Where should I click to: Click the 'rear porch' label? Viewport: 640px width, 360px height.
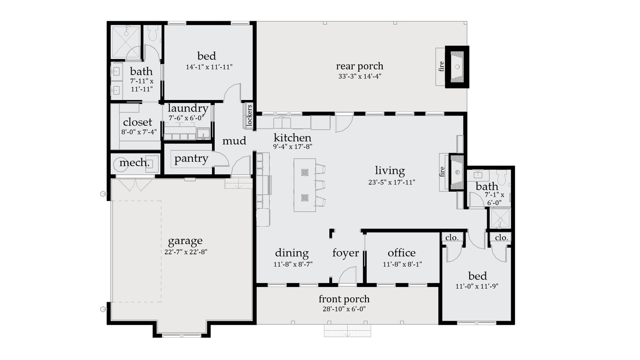(x=360, y=66)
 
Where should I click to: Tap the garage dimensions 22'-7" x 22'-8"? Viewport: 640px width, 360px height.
(x=186, y=252)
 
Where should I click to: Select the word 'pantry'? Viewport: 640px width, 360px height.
(x=191, y=159)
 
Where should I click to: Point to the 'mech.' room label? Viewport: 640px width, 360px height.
(x=134, y=163)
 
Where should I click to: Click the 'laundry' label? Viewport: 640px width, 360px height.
(x=188, y=108)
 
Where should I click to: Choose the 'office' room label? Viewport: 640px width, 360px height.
(x=401, y=253)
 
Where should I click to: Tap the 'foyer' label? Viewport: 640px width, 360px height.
(x=345, y=253)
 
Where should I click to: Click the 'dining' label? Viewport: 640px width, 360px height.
(x=292, y=253)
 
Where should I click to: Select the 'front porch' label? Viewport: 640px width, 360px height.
(x=344, y=299)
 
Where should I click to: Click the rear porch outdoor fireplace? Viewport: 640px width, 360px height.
(x=457, y=67)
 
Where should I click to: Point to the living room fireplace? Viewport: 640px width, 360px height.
(x=456, y=172)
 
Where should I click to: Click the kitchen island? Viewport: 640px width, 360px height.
(x=304, y=185)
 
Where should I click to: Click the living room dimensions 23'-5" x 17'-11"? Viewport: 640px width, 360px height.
(x=389, y=182)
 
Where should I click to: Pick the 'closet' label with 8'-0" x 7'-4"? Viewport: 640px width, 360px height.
(x=137, y=122)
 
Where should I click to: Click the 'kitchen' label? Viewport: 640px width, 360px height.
(x=292, y=137)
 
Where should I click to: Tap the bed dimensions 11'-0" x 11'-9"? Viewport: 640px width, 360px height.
(x=477, y=286)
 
